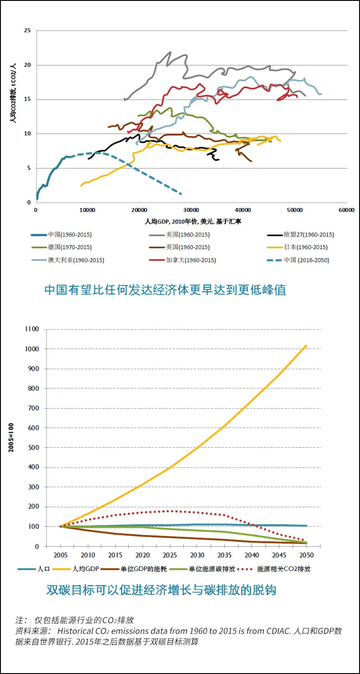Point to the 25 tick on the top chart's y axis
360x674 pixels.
click(27, 30)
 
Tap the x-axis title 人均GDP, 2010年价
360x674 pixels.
click(193, 221)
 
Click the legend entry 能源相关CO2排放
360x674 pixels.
click(283, 569)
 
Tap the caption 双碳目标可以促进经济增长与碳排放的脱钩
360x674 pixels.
click(161, 590)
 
